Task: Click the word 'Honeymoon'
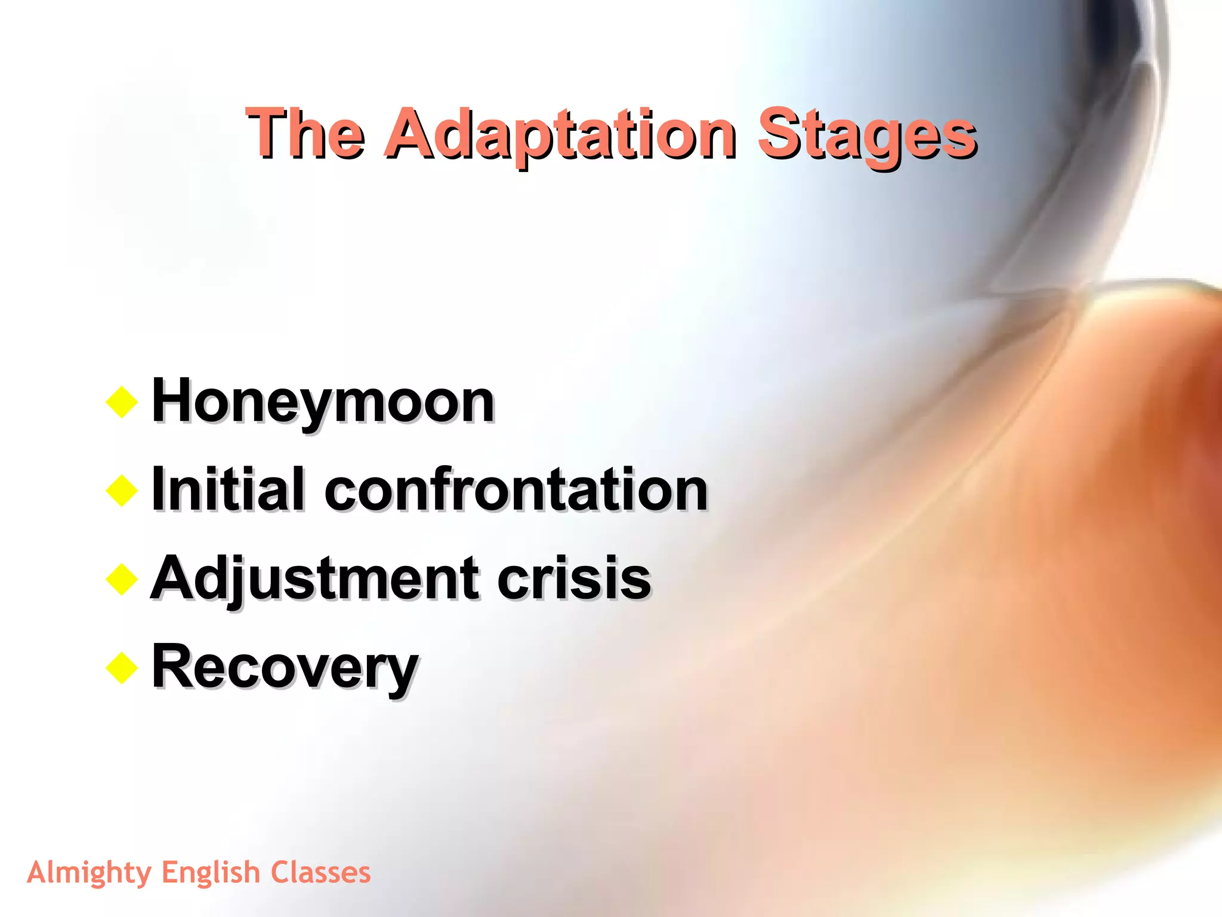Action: [323, 401]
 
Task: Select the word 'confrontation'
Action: [516, 490]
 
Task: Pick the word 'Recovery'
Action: [285, 667]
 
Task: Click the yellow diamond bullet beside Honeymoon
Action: [122, 402]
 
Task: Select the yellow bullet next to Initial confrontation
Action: [122, 491]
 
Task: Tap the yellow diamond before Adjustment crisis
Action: [122, 579]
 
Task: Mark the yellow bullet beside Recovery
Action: [122, 667]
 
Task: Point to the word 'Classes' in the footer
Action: [320, 872]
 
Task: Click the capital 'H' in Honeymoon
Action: [172, 400]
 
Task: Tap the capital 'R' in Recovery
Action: [172, 666]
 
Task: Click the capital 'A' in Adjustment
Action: [174, 577]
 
